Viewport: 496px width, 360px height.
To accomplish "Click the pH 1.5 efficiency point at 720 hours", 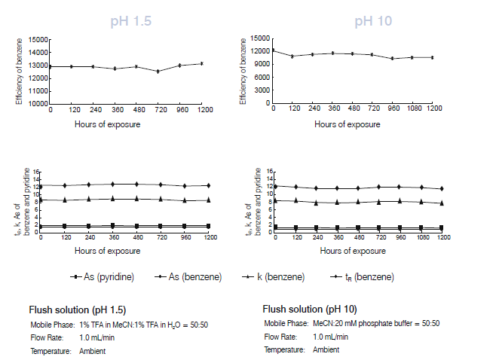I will pyautogui.click(x=158, y=72).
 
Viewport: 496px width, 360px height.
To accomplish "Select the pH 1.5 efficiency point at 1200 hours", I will pyautogui.click(x=202, y=63).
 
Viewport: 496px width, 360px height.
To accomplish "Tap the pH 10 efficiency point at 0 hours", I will pyautogui.click(x=273, y=50).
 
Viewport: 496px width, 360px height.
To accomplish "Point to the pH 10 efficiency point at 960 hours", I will pyautogui.click(x=393, y=58).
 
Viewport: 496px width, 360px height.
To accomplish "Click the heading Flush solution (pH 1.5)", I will pyautogui.click(x=78, y=310).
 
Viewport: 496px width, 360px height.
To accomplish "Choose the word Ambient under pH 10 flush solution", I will pyautogui.click(x=326, y=350).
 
